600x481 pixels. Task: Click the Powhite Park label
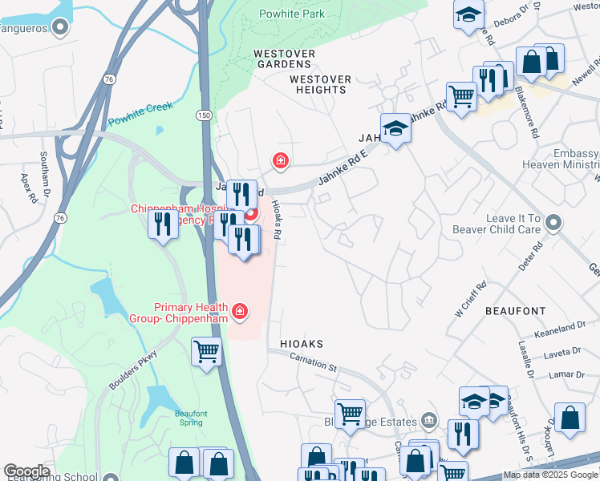click(x=293, y=14)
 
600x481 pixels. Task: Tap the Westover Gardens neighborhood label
click(x=282, y=59)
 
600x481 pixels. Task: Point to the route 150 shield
click(x=205, y=116)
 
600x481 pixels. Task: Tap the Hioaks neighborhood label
click(x=302, y=344)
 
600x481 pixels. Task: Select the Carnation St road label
click(x=313, y=362)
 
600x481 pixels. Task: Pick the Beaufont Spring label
click(x=191, y=418)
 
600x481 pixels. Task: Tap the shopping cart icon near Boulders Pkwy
click(x=207, y=352)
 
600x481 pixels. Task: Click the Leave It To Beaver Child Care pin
click(x=553, y=224)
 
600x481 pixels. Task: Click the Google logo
click(x=26, y=471)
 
